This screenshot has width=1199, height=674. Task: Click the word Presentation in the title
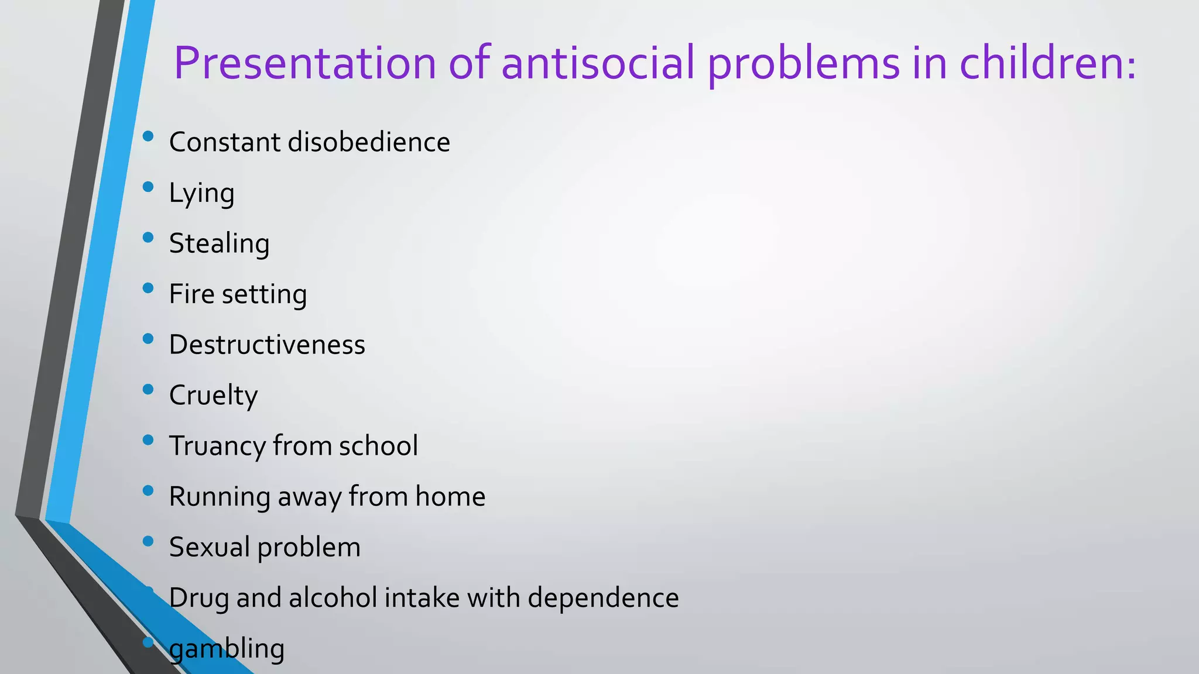[x=305, y=63]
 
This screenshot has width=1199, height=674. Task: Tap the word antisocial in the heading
[x=598, y=63]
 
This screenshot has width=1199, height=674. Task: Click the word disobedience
[x=369, y=142]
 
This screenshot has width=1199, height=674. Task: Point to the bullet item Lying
[x=201, y=194]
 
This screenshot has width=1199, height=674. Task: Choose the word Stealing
[x=219, y=244]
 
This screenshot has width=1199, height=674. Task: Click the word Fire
[x=191, y=294]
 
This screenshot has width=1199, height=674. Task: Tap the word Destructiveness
[x=267, y=345]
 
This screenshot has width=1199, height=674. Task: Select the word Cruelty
[x=213, y=396]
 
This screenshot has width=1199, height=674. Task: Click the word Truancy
[x=217, y=446]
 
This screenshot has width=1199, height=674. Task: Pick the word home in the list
[x=450, y=497]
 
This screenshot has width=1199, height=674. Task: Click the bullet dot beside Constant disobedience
[x=148, y=136]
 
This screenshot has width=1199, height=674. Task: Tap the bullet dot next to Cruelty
[x=148, y=389]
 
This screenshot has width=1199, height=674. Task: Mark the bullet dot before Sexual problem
[x=148, y=541]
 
